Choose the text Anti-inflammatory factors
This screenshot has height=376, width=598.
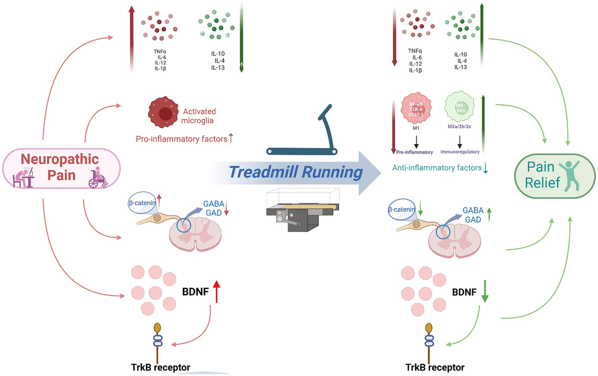point(433,168)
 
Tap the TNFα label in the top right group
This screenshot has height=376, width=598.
point(415,51)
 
